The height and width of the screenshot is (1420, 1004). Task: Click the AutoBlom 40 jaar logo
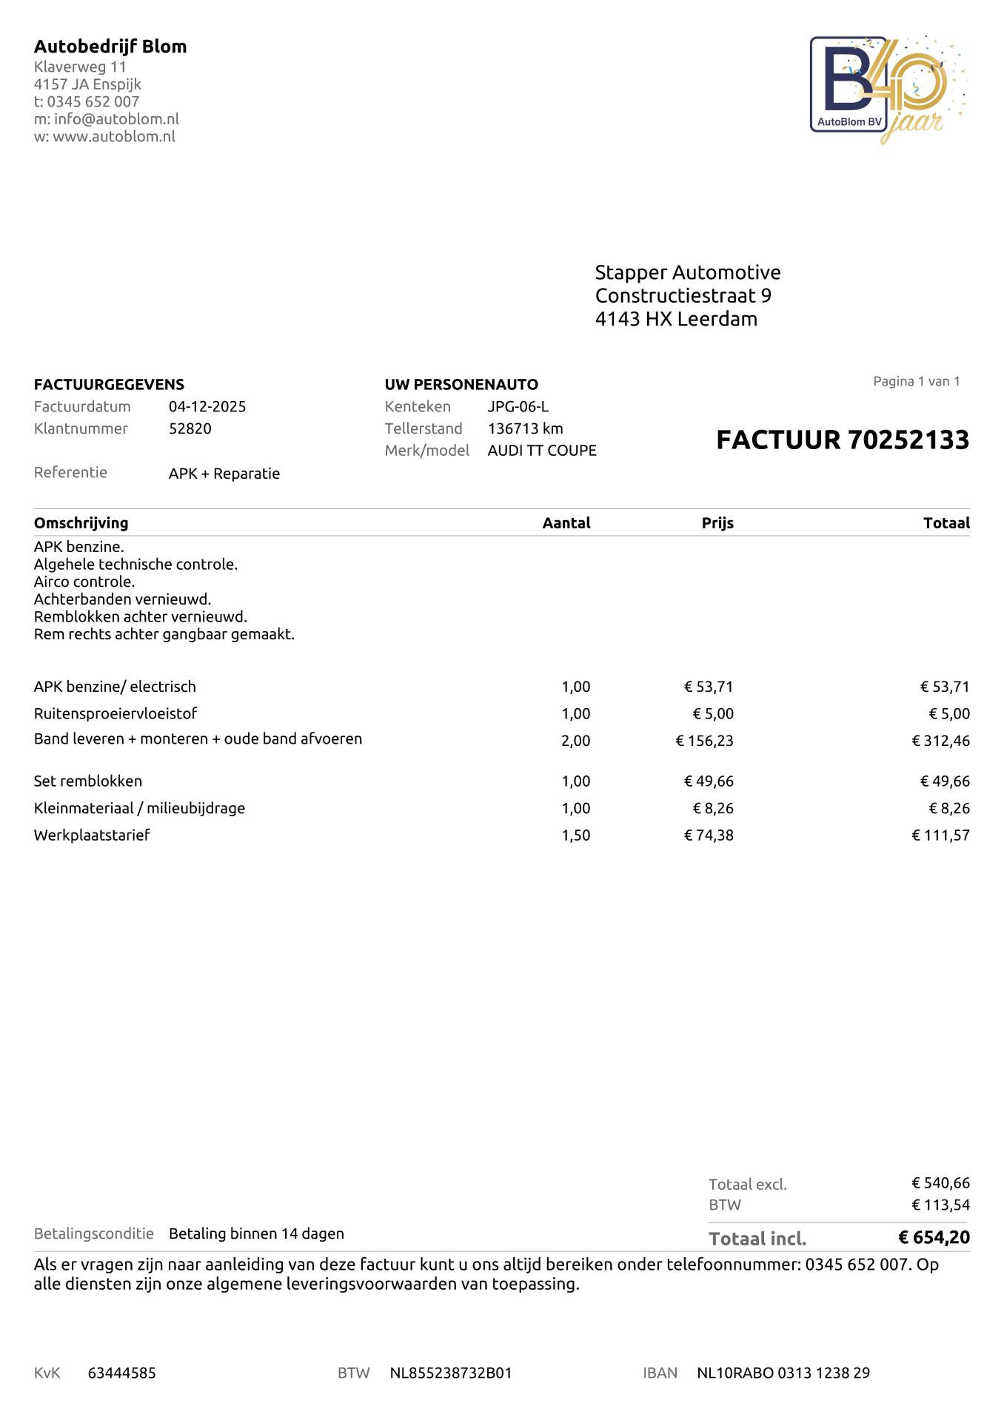pos(887,89)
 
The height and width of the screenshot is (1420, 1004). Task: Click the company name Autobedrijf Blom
pos(110,47)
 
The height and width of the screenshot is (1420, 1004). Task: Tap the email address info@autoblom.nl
pos(116,119)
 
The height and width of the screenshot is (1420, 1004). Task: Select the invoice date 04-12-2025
pos(207,406)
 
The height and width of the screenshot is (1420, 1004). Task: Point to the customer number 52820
pos(190,428)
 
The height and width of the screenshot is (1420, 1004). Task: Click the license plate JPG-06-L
pos(518,406)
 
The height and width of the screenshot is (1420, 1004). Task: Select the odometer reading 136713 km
pos(526,428)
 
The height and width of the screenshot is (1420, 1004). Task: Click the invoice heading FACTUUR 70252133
pos(843,440)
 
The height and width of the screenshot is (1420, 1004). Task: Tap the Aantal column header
pos(566,523)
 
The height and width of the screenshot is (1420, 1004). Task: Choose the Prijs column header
pos(717,523)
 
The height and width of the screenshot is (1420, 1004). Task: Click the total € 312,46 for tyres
pos(940,741)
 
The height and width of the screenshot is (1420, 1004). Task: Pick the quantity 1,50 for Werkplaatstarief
pos(576,835)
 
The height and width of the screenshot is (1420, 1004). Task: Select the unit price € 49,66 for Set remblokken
pos(709,781)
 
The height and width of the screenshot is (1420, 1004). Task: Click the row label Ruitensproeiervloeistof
pos(116,713)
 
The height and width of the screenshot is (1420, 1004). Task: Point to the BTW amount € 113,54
pos(940,1205)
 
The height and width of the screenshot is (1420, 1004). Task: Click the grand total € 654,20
pos(934,1237)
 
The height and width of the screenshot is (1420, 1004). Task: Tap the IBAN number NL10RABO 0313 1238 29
pos(783,1373)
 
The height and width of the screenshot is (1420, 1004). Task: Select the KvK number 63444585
pos(122,1373)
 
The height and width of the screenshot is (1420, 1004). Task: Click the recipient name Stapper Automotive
pos(688,272)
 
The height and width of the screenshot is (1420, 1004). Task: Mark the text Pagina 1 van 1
pos(917,381)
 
